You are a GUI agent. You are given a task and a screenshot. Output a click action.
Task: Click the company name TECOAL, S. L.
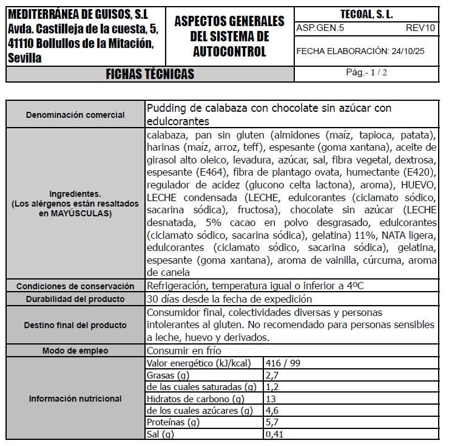coord(366,13)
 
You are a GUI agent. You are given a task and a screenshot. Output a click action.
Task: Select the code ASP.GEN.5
coord(312,28)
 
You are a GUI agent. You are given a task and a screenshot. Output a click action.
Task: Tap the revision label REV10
coord(420,28)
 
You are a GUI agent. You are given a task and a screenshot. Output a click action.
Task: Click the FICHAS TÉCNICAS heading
coord(149,74)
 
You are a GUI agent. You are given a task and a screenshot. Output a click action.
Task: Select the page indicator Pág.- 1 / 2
coord(366,72)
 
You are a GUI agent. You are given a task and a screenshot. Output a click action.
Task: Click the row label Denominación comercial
coord(76,115)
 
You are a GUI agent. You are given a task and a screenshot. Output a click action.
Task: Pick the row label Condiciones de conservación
coord(76,286)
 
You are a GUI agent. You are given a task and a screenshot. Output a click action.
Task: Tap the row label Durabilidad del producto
coord(76,299)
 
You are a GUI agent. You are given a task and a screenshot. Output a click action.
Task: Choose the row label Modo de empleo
coord(76,351)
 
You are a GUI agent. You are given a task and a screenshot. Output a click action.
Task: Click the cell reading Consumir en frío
coord(184,351)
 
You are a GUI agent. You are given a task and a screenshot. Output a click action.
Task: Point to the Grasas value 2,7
coord(272,376)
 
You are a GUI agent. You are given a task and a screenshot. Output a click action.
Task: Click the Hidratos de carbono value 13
coord(271,399)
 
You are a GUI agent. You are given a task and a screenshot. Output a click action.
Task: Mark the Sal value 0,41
coord(275,434)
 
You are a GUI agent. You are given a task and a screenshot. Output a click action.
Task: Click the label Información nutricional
coord(76,399)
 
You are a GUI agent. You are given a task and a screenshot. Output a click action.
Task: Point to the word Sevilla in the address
coord(25,58)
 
